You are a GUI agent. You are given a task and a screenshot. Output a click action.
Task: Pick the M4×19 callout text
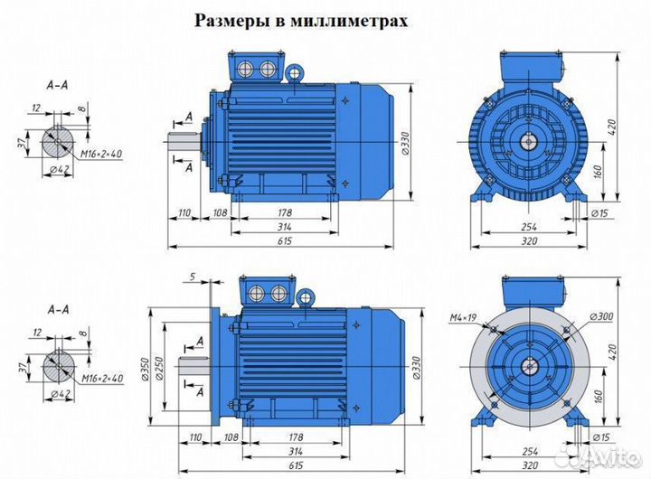(x=465, y=316)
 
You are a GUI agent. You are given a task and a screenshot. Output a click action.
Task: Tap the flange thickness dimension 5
(x=193, y=276)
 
